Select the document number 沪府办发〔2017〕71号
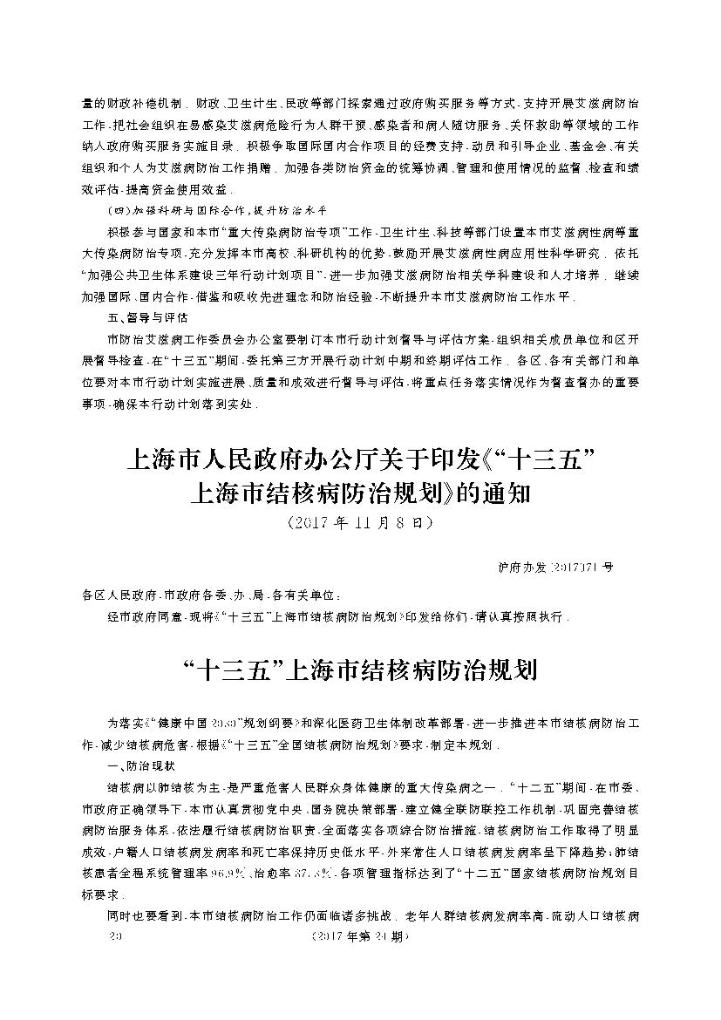549,567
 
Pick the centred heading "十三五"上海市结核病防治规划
359,672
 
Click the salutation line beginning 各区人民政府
206,596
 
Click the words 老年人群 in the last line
422,916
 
